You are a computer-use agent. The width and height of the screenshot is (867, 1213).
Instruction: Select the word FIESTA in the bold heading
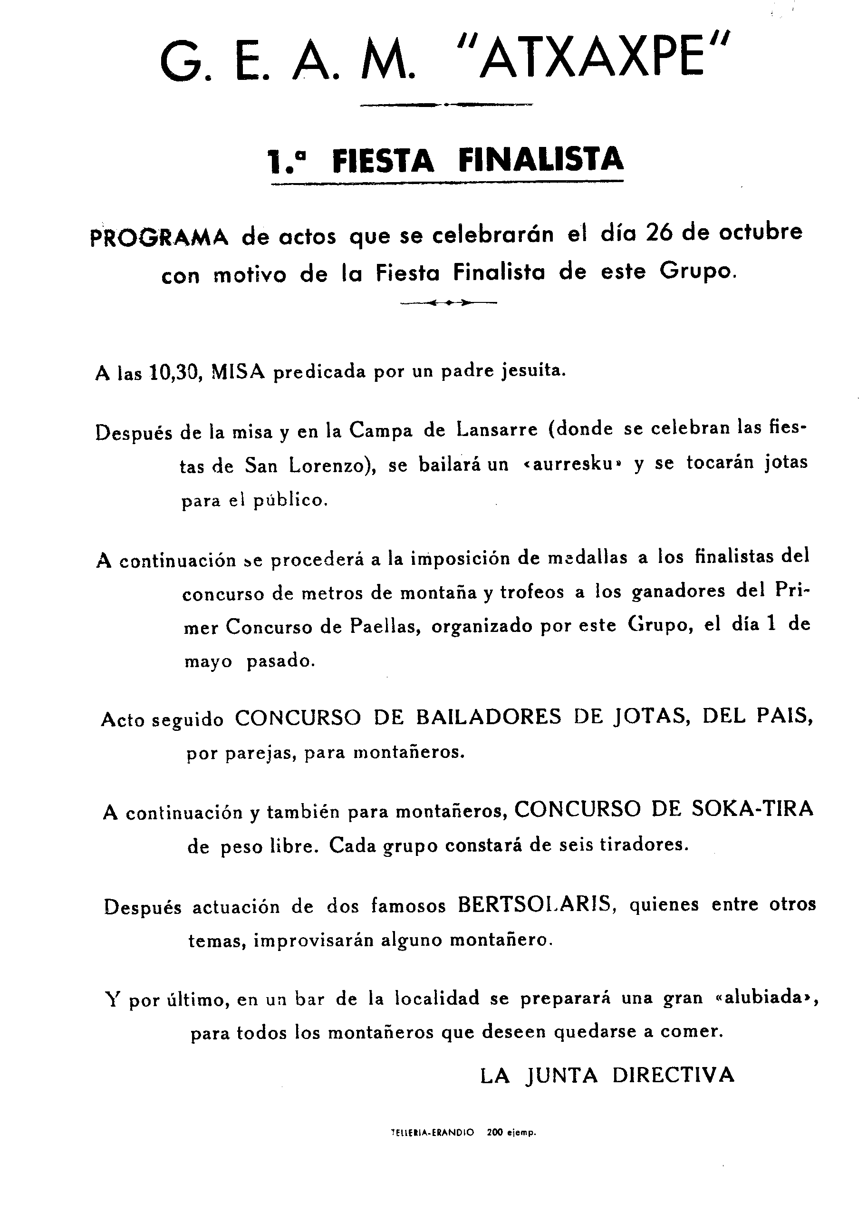pos(383,160)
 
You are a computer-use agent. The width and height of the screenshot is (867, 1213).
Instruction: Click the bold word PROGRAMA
pos(159,237)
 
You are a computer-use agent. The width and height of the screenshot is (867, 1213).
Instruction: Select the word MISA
pos(238,371)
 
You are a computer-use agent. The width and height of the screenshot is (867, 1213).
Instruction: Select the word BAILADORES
pos(489,717)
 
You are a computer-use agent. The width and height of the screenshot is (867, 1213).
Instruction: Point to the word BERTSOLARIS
pos(534,905)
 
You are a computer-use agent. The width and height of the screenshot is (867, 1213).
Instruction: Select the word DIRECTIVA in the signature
pos(673,1060)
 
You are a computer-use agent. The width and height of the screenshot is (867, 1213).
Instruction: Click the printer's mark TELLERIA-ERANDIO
pos(433,1146)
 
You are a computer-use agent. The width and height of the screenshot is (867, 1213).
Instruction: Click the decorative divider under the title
pos(446,105)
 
